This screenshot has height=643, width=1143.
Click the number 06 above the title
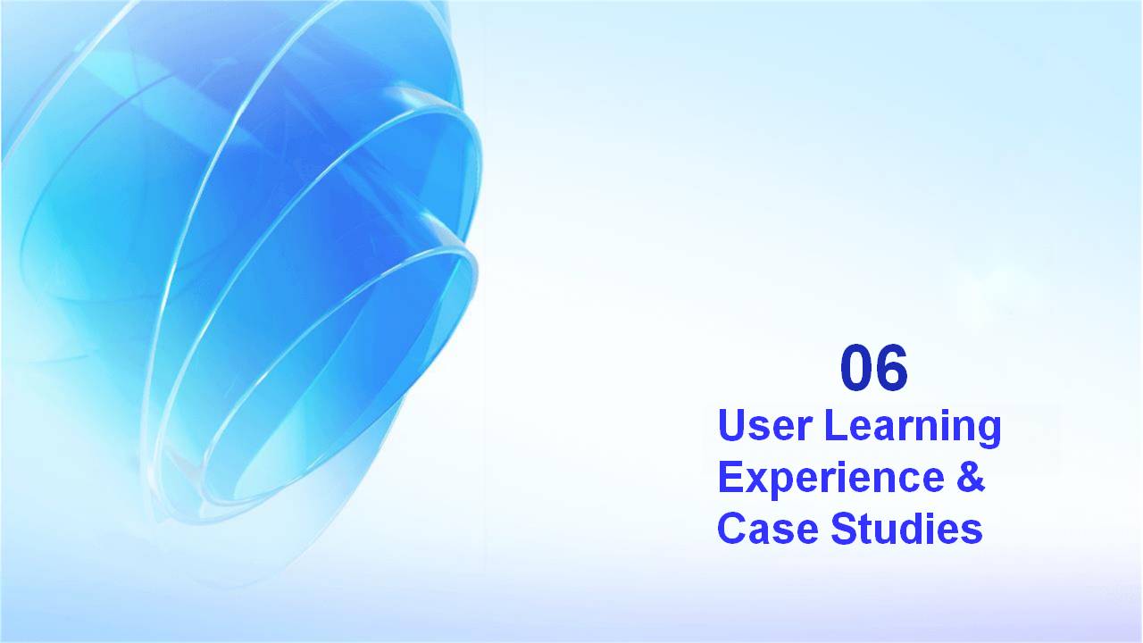[874, 367]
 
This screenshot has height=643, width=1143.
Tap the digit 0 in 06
[856, 367]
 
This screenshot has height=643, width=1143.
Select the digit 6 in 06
[892, 367]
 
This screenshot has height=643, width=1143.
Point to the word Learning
[914, 429]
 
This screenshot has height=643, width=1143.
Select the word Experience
[831, 480]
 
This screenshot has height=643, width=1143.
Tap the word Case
[768, 528]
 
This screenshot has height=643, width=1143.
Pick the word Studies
[906, 528]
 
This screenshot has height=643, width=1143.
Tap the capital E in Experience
[730, 477]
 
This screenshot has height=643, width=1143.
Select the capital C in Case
[732, 528]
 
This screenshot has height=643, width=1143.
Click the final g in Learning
[989, 434]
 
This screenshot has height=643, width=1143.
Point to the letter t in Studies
[866, 530]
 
